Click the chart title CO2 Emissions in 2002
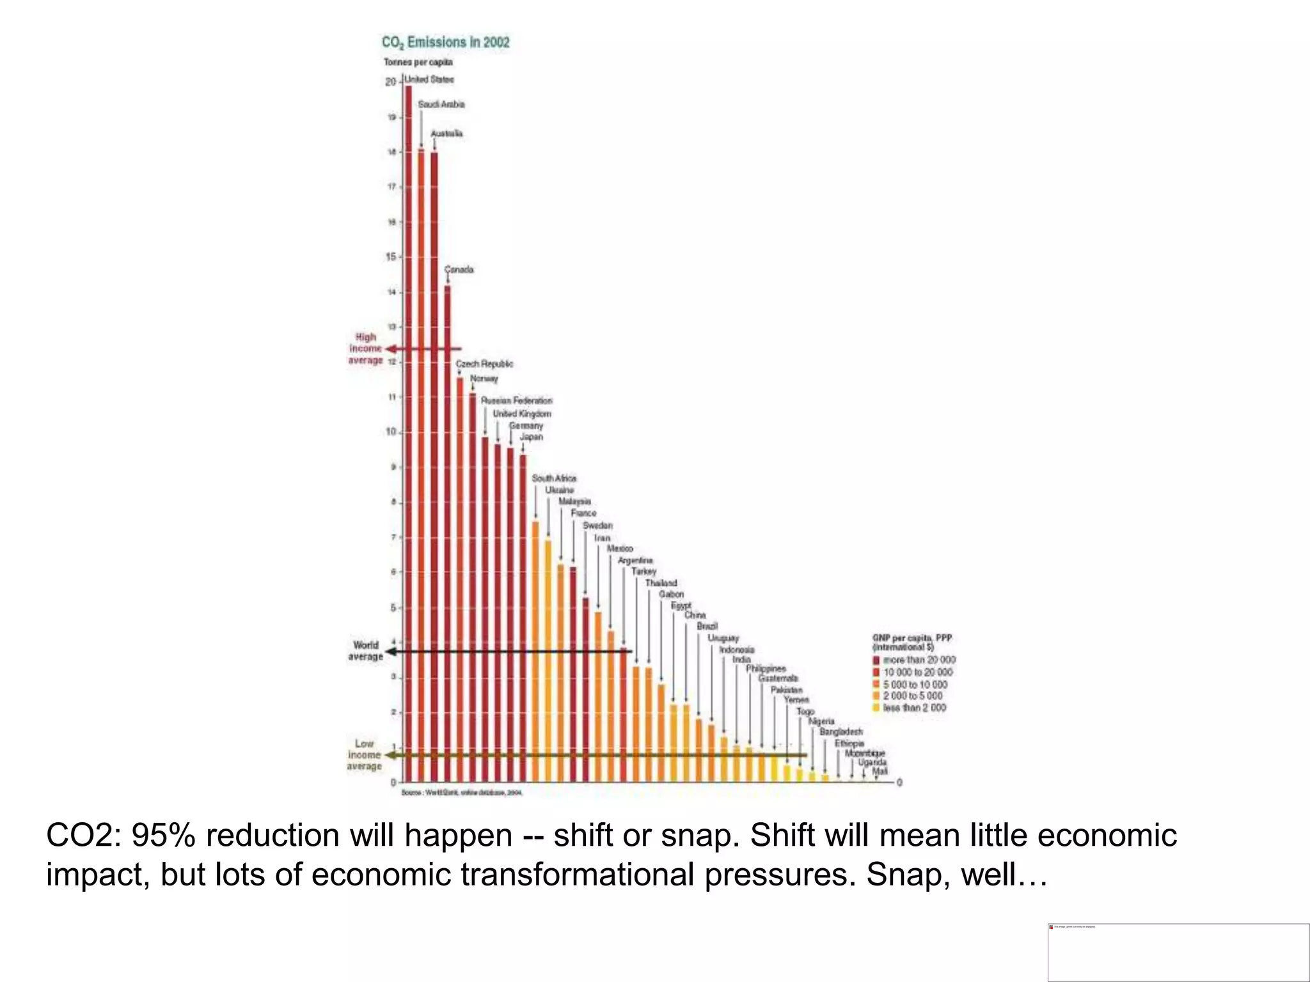[446, 42]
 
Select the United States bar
[408, 435]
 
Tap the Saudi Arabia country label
[441, 104]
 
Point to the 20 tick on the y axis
[390, 82]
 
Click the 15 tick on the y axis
[390, 257]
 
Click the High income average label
[365, 348]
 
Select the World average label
[365, 651]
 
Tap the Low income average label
[364, 755]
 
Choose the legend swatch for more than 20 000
[876, 660]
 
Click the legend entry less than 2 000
[914, 708]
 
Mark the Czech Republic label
[484, 364]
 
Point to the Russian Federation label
[516, 400]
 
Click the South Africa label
[554, 478]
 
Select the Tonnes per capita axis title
[418, 62]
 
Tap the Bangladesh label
[841, 731]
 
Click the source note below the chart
[461, 793]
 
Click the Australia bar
[434, 467]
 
